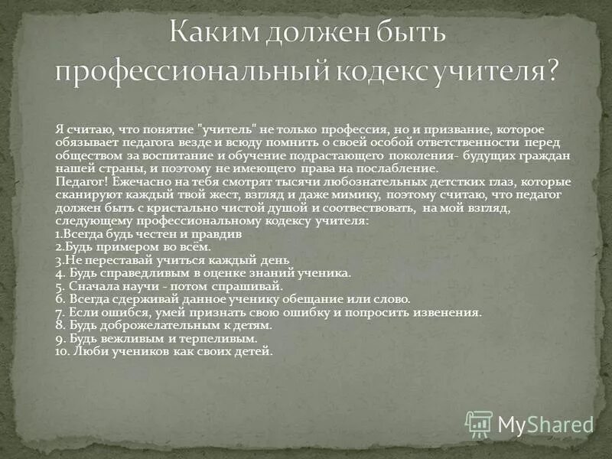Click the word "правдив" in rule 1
point(219,234)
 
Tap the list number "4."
point(60,273)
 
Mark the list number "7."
point(60,312)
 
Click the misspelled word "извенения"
point(450,312)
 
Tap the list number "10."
point(63,351)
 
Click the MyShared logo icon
point(479,423)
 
